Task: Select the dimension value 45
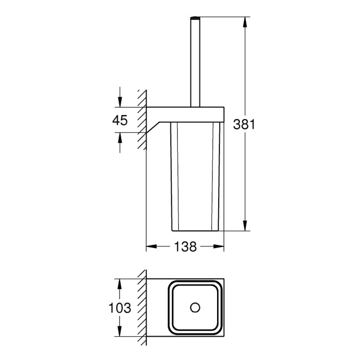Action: point(120,120)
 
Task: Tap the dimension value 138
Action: point(185,247)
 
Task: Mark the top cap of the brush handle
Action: point(195,19)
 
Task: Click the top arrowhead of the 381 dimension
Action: point(245,22)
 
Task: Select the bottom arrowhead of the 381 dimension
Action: point(245,225)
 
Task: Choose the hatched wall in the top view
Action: point(141,307)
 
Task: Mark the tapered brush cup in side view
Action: point(195,177)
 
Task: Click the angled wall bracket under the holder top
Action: point(155,127)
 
